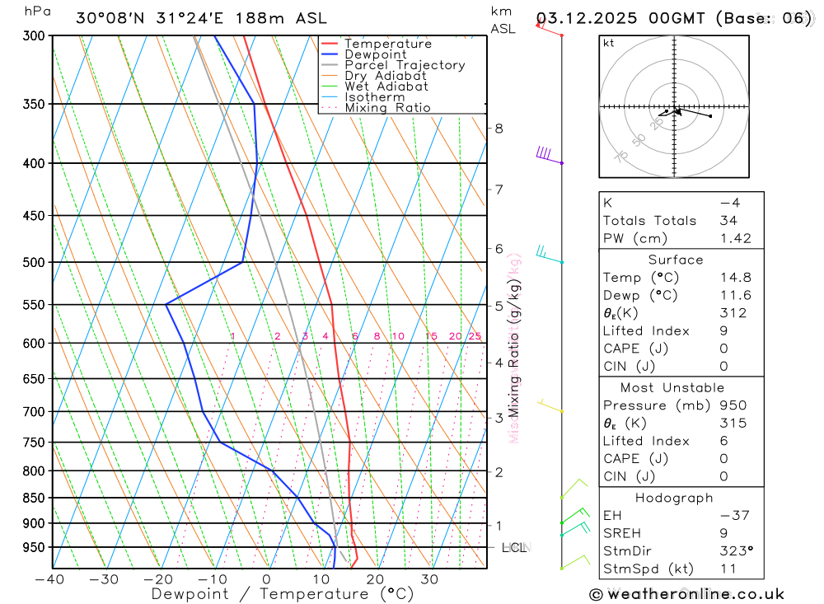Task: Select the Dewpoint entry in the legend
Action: pos(375,54)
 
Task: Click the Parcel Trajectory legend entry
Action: pos(404,65)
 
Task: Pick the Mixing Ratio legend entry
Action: pos(387,107)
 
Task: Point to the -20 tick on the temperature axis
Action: pos(158,579)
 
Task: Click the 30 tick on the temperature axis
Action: pos(429,579)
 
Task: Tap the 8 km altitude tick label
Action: pos(499,128)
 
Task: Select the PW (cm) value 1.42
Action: pos(735,238)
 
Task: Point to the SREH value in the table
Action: pos(722,533)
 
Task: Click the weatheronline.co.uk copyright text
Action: pos(686,593)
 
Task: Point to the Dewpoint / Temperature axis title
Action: pos(283,593)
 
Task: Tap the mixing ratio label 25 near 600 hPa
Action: pos(475,335)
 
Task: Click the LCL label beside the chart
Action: pos(514,547)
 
